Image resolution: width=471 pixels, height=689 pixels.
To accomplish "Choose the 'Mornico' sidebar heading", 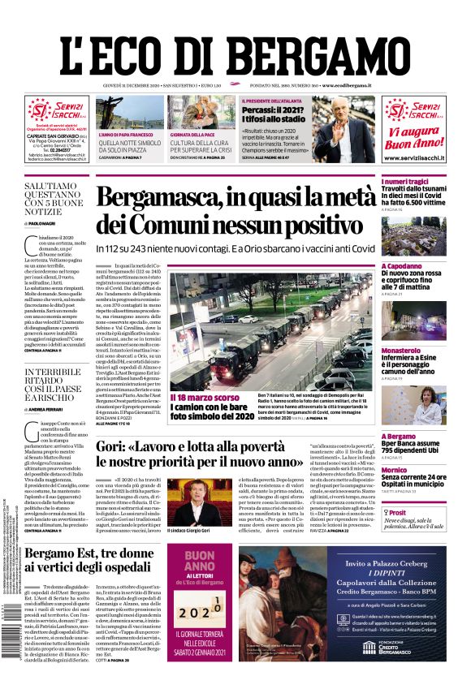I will pyautogui.click(x=394, y=470).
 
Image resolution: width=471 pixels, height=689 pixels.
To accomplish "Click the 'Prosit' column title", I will pyautogui.click(x=398, y=513).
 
